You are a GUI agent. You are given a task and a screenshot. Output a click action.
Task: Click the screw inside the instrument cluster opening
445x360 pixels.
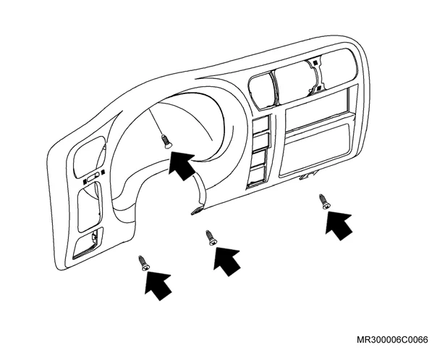click(166, 141)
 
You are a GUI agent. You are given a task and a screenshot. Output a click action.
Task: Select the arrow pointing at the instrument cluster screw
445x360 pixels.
click(182, 165)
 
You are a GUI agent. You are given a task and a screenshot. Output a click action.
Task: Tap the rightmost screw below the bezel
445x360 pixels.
click(325, 201)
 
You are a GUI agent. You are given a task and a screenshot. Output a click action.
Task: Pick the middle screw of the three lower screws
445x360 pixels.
click(211, 238)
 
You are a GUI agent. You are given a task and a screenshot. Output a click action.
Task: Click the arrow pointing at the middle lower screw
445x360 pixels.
click(226, 261)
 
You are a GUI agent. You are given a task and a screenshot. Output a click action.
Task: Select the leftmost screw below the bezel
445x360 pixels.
click(144, 263)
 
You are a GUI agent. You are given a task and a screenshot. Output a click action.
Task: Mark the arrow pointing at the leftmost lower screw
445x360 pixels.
click(158, 286)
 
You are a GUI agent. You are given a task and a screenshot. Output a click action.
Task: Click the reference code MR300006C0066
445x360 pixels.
click(392, 340)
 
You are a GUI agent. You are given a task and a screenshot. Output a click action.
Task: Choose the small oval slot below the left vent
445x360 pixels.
click(93, 179)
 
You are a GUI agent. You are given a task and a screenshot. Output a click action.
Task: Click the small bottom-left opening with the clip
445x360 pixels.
click(88, 243)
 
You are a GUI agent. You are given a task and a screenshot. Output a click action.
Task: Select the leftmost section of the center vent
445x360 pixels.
click(262, 91)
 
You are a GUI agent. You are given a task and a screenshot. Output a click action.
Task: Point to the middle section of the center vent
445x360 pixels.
click(295, 83)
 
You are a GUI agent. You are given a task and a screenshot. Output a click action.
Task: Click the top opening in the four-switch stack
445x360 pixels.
click(260, 124)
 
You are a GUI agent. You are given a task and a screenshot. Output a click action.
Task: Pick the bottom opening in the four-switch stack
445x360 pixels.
click(257, 176)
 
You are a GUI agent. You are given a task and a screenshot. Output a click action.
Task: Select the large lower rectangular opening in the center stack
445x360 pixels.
click(315, 150)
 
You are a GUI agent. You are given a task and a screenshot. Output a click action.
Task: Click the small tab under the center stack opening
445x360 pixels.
click(308, 176)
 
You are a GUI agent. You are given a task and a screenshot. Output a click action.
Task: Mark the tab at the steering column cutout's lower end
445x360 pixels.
click(197, 211)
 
